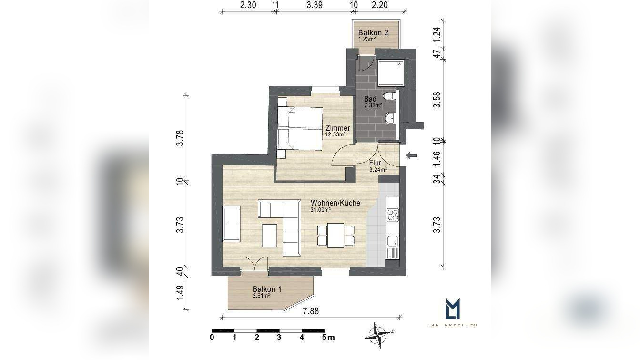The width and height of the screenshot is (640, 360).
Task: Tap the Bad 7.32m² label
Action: tap(371, 102)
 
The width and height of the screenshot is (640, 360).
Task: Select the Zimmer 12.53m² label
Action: tap(337, 131)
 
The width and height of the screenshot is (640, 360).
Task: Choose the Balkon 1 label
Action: tap(267, 291)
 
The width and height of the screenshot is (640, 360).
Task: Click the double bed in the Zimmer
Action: tap(300, 127)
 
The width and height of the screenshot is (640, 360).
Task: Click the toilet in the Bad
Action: tap(391, 96)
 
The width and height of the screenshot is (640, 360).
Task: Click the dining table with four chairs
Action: tap(335, 236)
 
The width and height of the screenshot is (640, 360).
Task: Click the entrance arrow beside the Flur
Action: tap(411, 155)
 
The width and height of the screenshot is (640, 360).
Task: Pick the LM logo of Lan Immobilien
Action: tap(452, 309)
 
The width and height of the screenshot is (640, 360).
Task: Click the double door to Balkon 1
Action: tap(254, 265)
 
